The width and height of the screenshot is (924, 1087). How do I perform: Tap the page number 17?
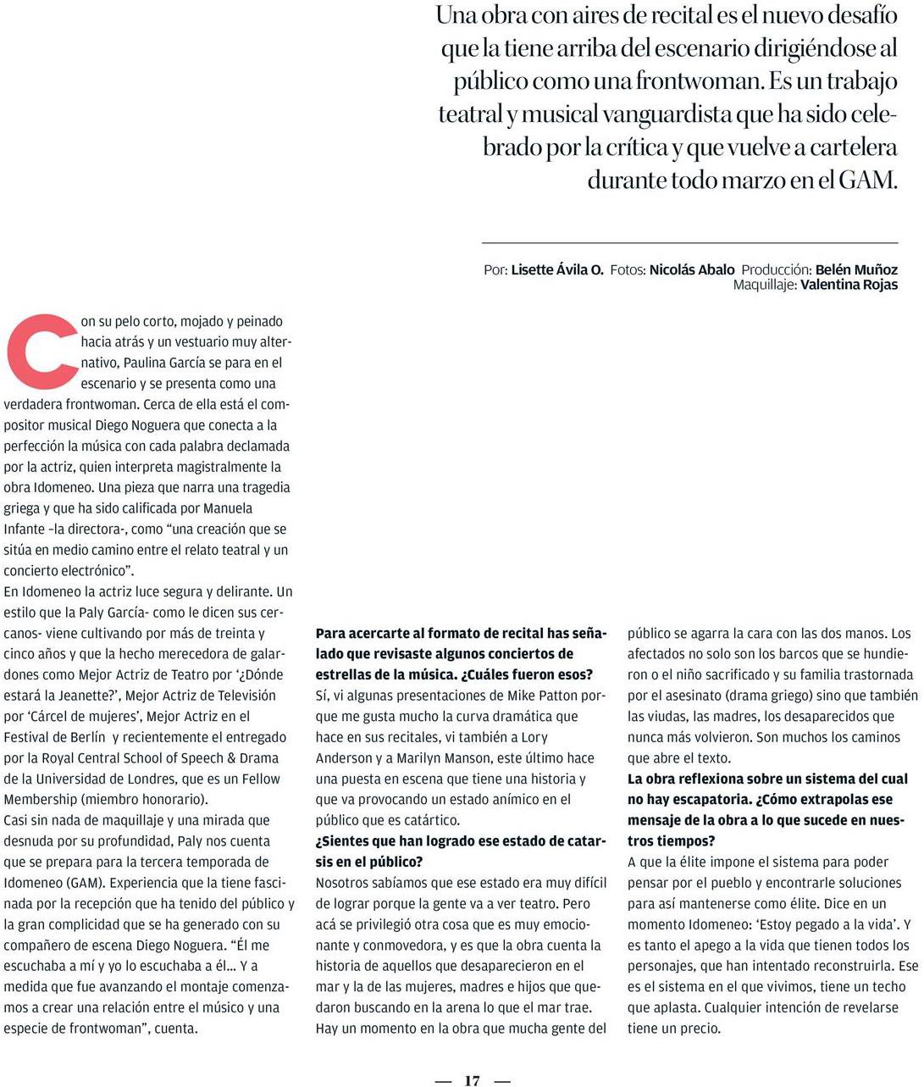pyautogui.click(x=473, y=1080)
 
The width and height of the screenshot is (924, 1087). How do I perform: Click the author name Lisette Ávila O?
pyautogui.click(x=557, y=269)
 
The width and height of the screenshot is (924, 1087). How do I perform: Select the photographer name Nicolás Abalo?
pyautogui.click(x=692, y=269)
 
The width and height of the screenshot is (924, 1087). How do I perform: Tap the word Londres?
pyautogui.click(x=164, y=779)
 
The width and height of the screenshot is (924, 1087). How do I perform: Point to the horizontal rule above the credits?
pyautogui.click(x=689, y=243)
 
